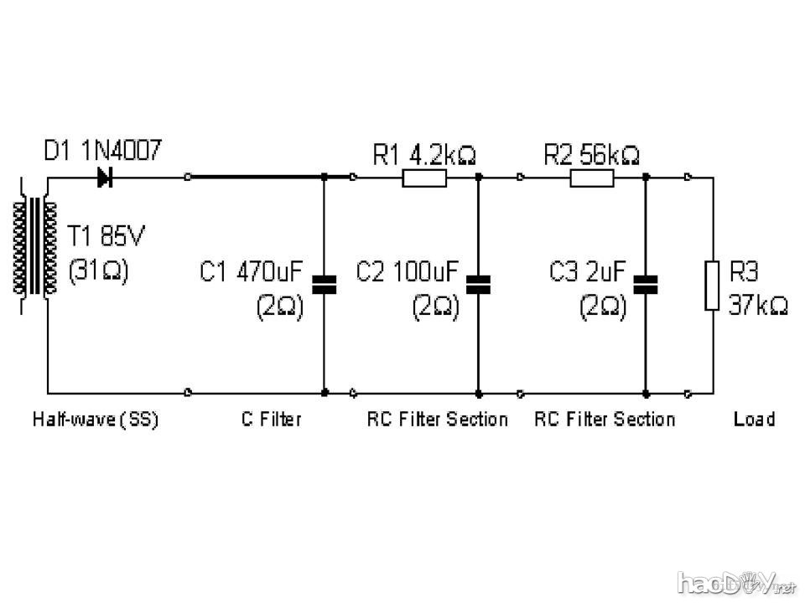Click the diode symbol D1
[106, 178]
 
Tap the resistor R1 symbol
[424, 178]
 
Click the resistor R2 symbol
[592, 178]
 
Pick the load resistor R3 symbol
[713, 286]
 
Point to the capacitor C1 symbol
[324, 284]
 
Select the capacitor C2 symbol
[478, 284]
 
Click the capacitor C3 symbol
[646, 284]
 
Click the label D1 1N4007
[102, 152]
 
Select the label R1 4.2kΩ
[423, 155]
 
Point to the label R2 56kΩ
[591, 155]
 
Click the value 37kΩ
[758, 307]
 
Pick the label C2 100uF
[408, 272]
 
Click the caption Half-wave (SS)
[95, 419]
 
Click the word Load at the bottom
[754, 419]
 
